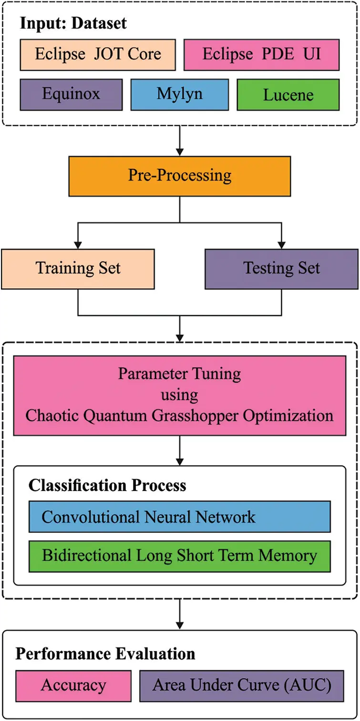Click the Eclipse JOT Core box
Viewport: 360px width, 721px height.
pyautogui.click(x=98, y=54)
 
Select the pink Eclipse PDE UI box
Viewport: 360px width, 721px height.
pyautogui.click(x=261, y=54)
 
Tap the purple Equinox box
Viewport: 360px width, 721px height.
pyautogui.click(x=71, y=94)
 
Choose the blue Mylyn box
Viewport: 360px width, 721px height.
pyautogui.click(x=179, y=94)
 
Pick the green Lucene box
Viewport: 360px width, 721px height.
pyautogui.click(x=288, y=94)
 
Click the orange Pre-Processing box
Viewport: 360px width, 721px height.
pyautogui.click(x=179, y=176)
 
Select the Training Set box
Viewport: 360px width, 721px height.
pyautogui.click(x=78, y=268)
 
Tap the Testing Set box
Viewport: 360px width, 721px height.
pyautogui.click(x=281, y=268)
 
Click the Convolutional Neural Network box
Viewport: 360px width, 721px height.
pyautogui.click(x=179, y=517)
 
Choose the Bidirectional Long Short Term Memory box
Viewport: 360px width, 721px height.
pyautogui.click(x=179, y=556)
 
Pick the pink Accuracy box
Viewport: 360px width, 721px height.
pyautogui.click(x=73, y=685)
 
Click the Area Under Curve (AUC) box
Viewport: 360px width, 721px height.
pyautogui.click(x=241, y=685)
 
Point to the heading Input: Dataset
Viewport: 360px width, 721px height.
pyautogui.click(x=74, y=23)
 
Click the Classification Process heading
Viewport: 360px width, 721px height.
pyautogui.click(x=107, y=485)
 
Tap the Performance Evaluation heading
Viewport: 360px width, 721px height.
pyautogui.click(x=105, y=654)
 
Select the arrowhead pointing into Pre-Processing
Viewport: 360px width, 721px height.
pyautogui.click(x=180, y=151)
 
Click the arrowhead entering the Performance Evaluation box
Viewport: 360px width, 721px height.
pyautogui.click(x=180, y=624)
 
